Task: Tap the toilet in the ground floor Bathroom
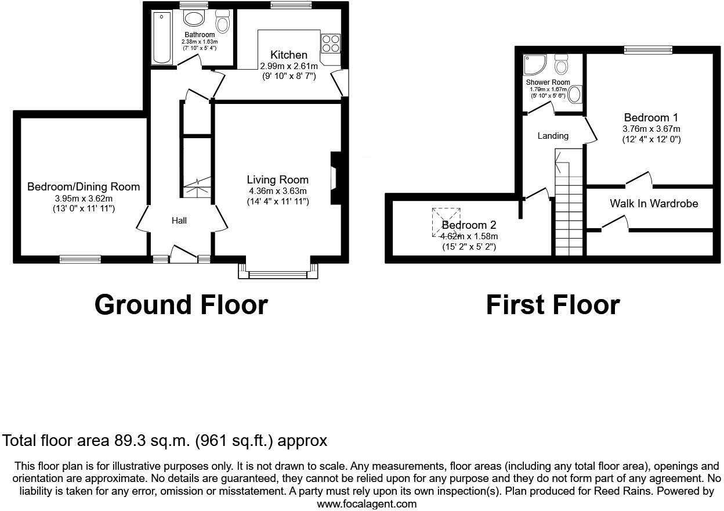[222, 21]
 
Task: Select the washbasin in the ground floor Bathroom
[194, 19]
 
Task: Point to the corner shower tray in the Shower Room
[533, 65]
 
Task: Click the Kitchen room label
[288, 55]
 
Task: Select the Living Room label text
[277, 180]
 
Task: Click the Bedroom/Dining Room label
[84, 187]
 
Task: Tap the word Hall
[179, 221]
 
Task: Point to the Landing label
[552, 136]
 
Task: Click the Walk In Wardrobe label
[654, 204]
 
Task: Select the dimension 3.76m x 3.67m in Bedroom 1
[651, 129]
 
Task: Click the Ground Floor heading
[181, 305]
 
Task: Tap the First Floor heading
[552, 305]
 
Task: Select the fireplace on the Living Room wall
[335, 178]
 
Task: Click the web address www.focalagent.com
[367, 504]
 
